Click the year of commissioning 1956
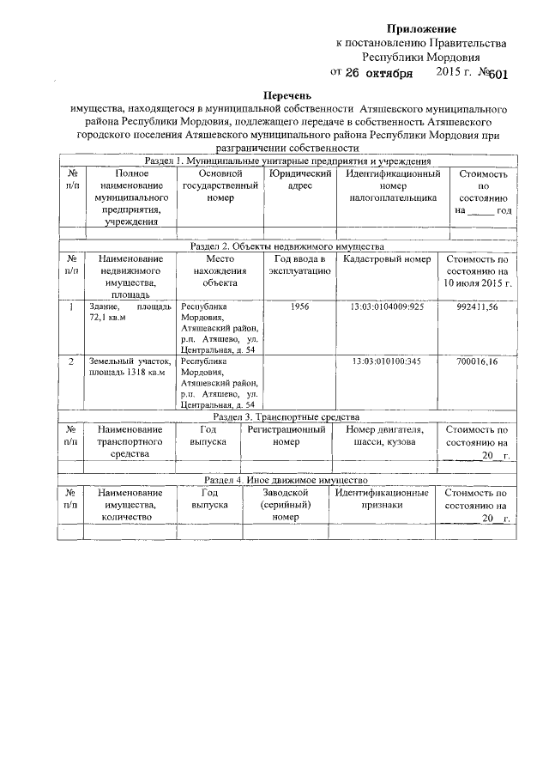tap(300, 306)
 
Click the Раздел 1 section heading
tap(288, 161)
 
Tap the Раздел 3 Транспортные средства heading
tap(288, 416)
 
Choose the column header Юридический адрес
tap(299, 180)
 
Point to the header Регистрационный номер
tap(286, 435)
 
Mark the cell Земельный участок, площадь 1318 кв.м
tap(130, 367)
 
